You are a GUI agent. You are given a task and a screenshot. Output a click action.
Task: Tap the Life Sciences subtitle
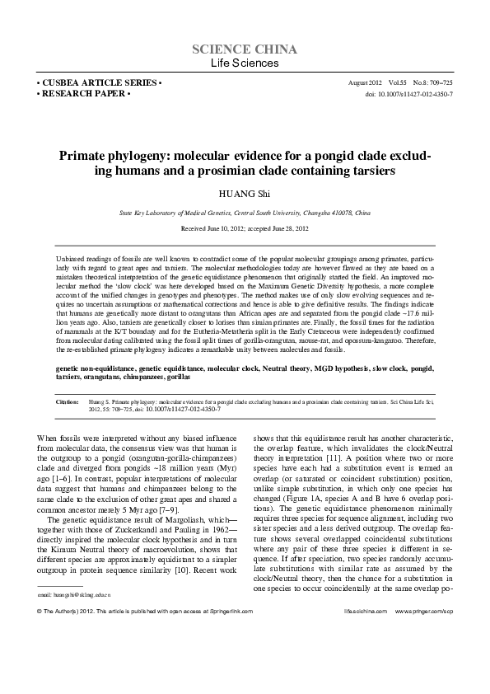[245, 63]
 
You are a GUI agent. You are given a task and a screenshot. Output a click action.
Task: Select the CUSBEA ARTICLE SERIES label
[100, 84]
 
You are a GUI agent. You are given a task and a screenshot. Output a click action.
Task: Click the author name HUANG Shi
[245, 194]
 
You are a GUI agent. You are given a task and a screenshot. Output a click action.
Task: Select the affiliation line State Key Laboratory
[245, 212]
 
